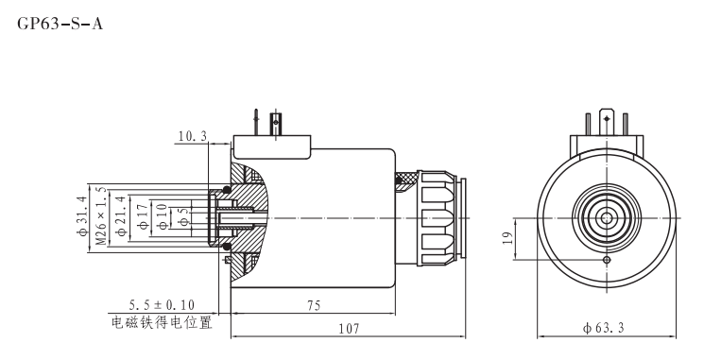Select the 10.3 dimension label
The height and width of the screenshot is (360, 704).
tap(192, 137)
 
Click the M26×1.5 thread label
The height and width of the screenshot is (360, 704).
tap(100, 215)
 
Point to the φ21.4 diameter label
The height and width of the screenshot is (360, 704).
tap(120, 215)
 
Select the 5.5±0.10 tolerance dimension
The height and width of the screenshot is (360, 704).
tap(163, 305)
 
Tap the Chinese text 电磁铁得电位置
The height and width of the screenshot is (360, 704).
tap(162, 322)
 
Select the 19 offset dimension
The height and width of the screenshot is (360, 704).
tap(507, 237)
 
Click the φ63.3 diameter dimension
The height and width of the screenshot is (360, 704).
tap(606, 327)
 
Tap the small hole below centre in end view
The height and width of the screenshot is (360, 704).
tap(606, 259)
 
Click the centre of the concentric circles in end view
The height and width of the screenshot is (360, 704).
tap(606, 216)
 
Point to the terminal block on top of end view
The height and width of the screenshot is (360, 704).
tap(606, 136)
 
